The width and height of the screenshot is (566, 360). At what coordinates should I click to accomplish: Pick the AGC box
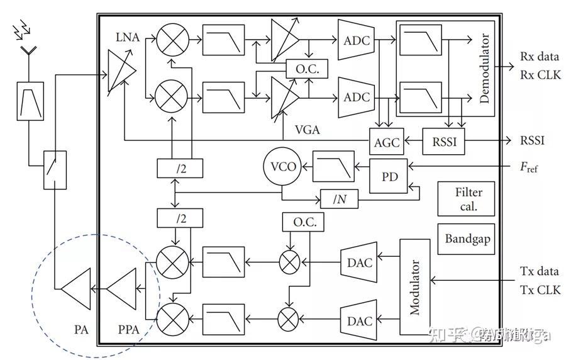(x=387, y=142)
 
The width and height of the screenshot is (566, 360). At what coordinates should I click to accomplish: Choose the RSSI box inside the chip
(x=443, y=142)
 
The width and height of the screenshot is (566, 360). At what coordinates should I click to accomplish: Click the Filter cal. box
(x=466, y=199)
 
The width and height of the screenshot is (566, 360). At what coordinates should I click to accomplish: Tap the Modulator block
(x=415, y=287)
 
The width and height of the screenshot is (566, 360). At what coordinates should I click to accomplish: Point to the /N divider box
(x=339, y=200)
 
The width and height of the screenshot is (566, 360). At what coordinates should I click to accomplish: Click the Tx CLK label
(x=540, y=290)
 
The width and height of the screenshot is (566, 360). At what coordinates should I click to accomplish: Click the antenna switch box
(x=55, y=169)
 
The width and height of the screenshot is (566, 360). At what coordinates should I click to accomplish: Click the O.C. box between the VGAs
(x=302, y=70)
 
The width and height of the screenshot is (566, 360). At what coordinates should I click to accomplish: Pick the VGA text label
(x=308, y=130)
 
